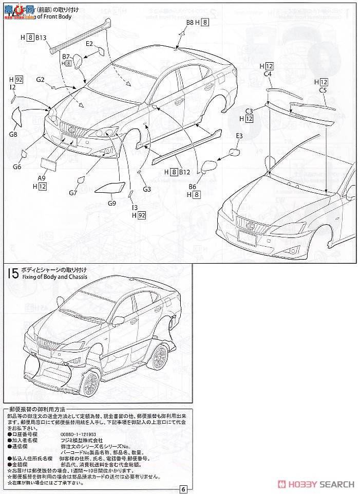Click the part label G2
41,80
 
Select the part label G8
13,135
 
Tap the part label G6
17,167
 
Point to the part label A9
42,178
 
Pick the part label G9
112,203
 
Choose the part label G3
147,189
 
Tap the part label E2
90,44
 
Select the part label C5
323,90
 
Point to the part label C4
267,74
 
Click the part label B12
184,171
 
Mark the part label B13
42,38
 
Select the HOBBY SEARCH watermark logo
316,484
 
